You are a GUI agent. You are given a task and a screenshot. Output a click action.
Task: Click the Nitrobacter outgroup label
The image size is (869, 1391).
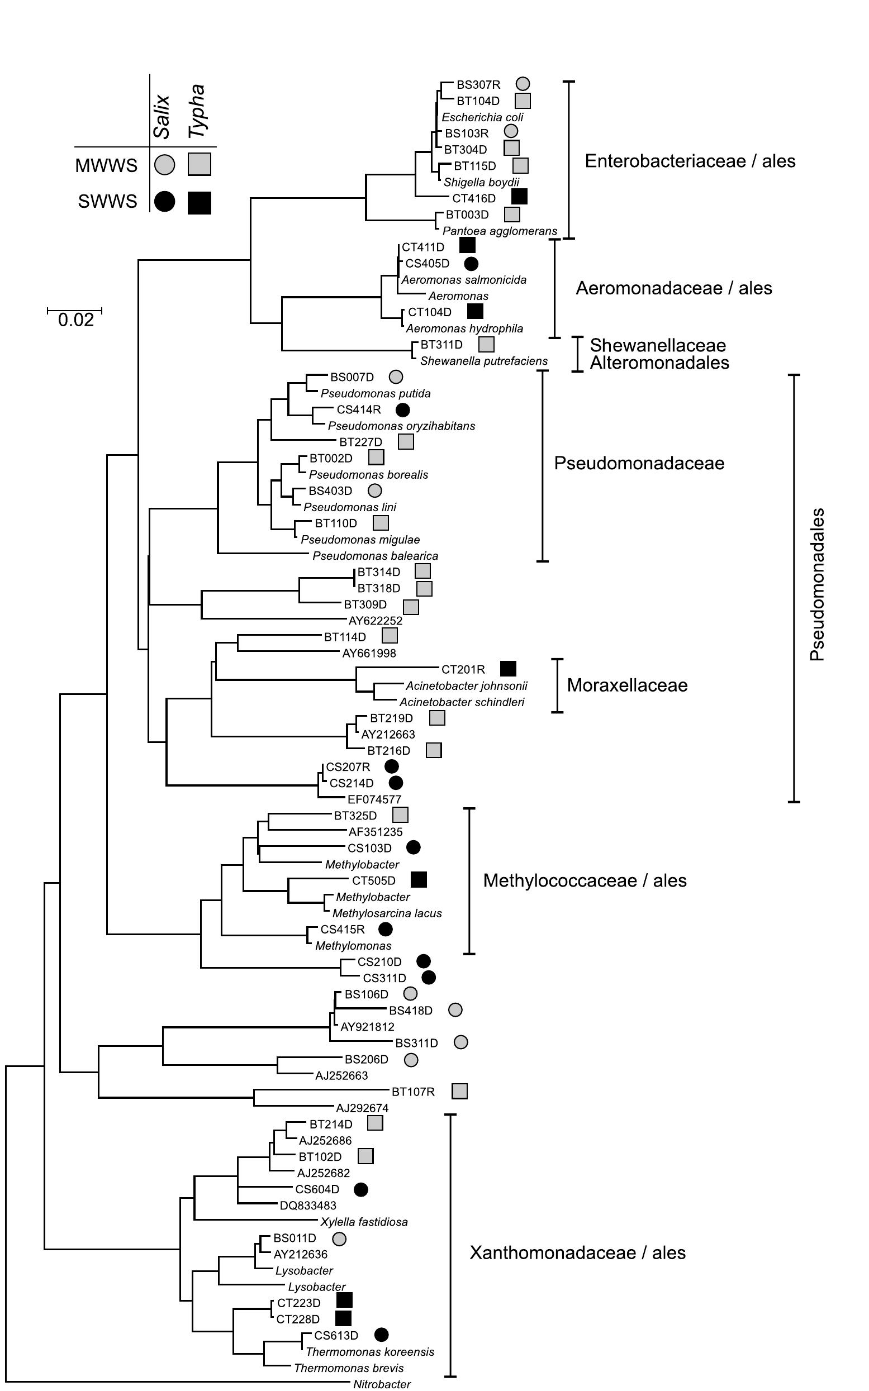(382, 1384)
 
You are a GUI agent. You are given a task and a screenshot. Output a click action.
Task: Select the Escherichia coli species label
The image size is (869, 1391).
(482, 117)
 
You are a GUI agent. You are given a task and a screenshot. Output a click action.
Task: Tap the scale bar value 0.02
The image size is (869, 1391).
(75, 320)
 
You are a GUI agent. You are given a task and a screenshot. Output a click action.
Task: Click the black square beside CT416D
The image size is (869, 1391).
(519, 197)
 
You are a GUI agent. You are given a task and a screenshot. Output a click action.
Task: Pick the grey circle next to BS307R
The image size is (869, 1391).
(523, 84)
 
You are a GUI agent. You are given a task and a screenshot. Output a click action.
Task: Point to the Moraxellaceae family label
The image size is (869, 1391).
(627, 685)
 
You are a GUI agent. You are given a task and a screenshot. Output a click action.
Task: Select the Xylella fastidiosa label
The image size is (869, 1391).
(364, 1222)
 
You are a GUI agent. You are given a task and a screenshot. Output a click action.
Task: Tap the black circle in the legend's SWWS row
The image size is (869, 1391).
(164, 201)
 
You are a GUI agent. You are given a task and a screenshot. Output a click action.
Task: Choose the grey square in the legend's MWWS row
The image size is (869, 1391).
(200, 164)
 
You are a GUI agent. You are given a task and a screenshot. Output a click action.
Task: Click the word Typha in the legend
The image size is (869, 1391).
(198, 111)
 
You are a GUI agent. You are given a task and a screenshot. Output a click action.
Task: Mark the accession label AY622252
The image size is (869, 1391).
(376, 621)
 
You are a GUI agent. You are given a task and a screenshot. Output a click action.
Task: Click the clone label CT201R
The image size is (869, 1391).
(463, 669)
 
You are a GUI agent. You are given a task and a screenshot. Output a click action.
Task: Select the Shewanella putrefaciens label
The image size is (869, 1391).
(483, 361)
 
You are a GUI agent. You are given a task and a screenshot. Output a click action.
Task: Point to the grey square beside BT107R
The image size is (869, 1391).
(459, 1091)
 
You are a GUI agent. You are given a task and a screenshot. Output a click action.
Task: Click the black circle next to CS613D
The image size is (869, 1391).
(381, 1335)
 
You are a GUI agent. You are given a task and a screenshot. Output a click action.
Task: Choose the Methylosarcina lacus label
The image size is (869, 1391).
(387, 913)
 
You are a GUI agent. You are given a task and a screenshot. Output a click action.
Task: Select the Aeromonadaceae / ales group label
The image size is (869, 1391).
(673, 288)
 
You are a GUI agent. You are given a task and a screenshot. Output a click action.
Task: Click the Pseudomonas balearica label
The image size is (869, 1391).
(375, 556)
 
